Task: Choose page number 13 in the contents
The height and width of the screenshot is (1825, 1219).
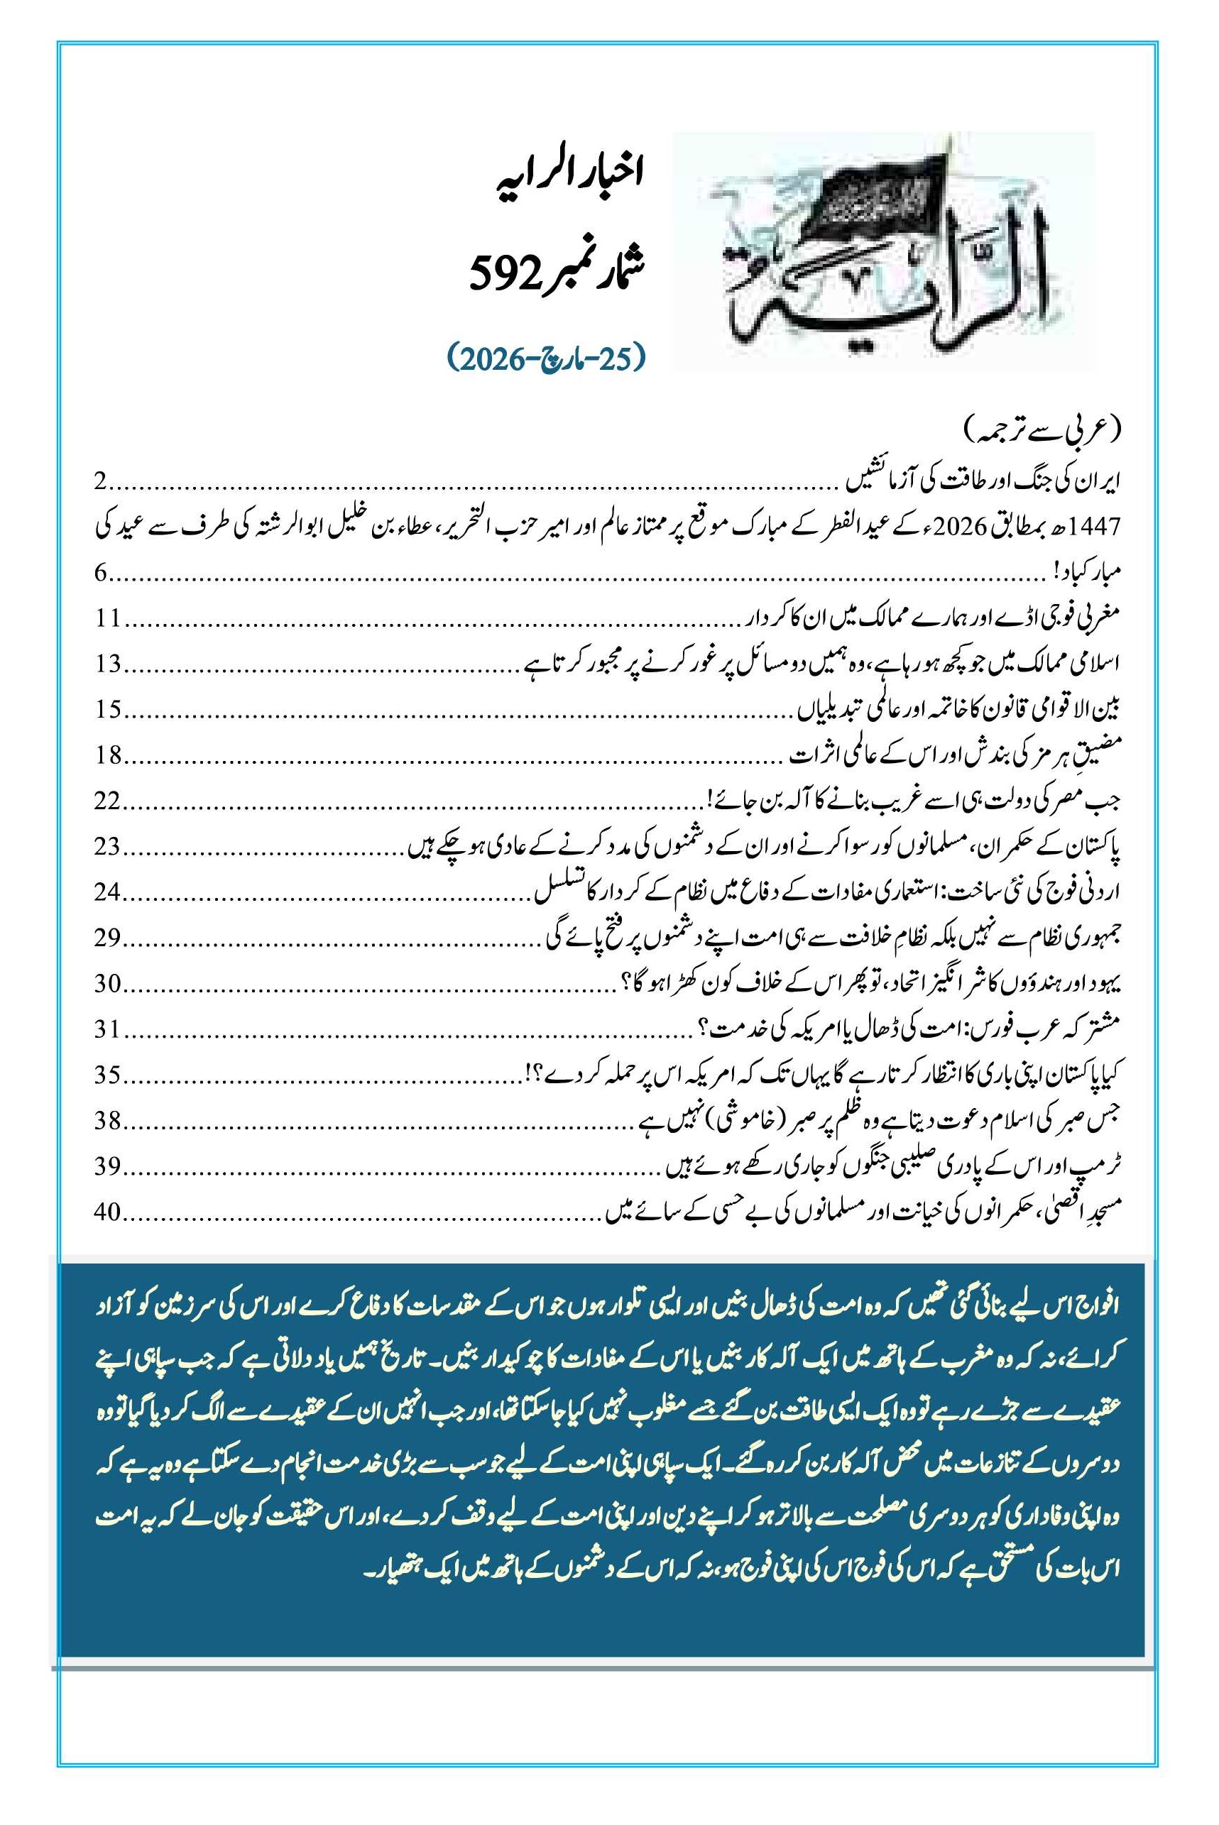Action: [107, 665]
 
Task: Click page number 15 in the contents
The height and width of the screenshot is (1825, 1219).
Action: [107, 711]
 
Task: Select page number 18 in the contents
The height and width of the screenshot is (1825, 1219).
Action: [107, 756]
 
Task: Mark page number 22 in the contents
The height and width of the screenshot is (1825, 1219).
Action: [107, 801]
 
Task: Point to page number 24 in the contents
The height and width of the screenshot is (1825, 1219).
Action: [107, 893]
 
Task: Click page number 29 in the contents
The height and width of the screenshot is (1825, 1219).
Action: [107, 939]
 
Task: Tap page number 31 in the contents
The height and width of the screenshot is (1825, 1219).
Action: [107, 1030]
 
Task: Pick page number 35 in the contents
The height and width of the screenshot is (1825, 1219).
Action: [107, 1075]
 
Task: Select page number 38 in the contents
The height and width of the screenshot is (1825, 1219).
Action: [107, 1121]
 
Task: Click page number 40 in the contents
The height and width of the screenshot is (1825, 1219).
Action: [107, 1212]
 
